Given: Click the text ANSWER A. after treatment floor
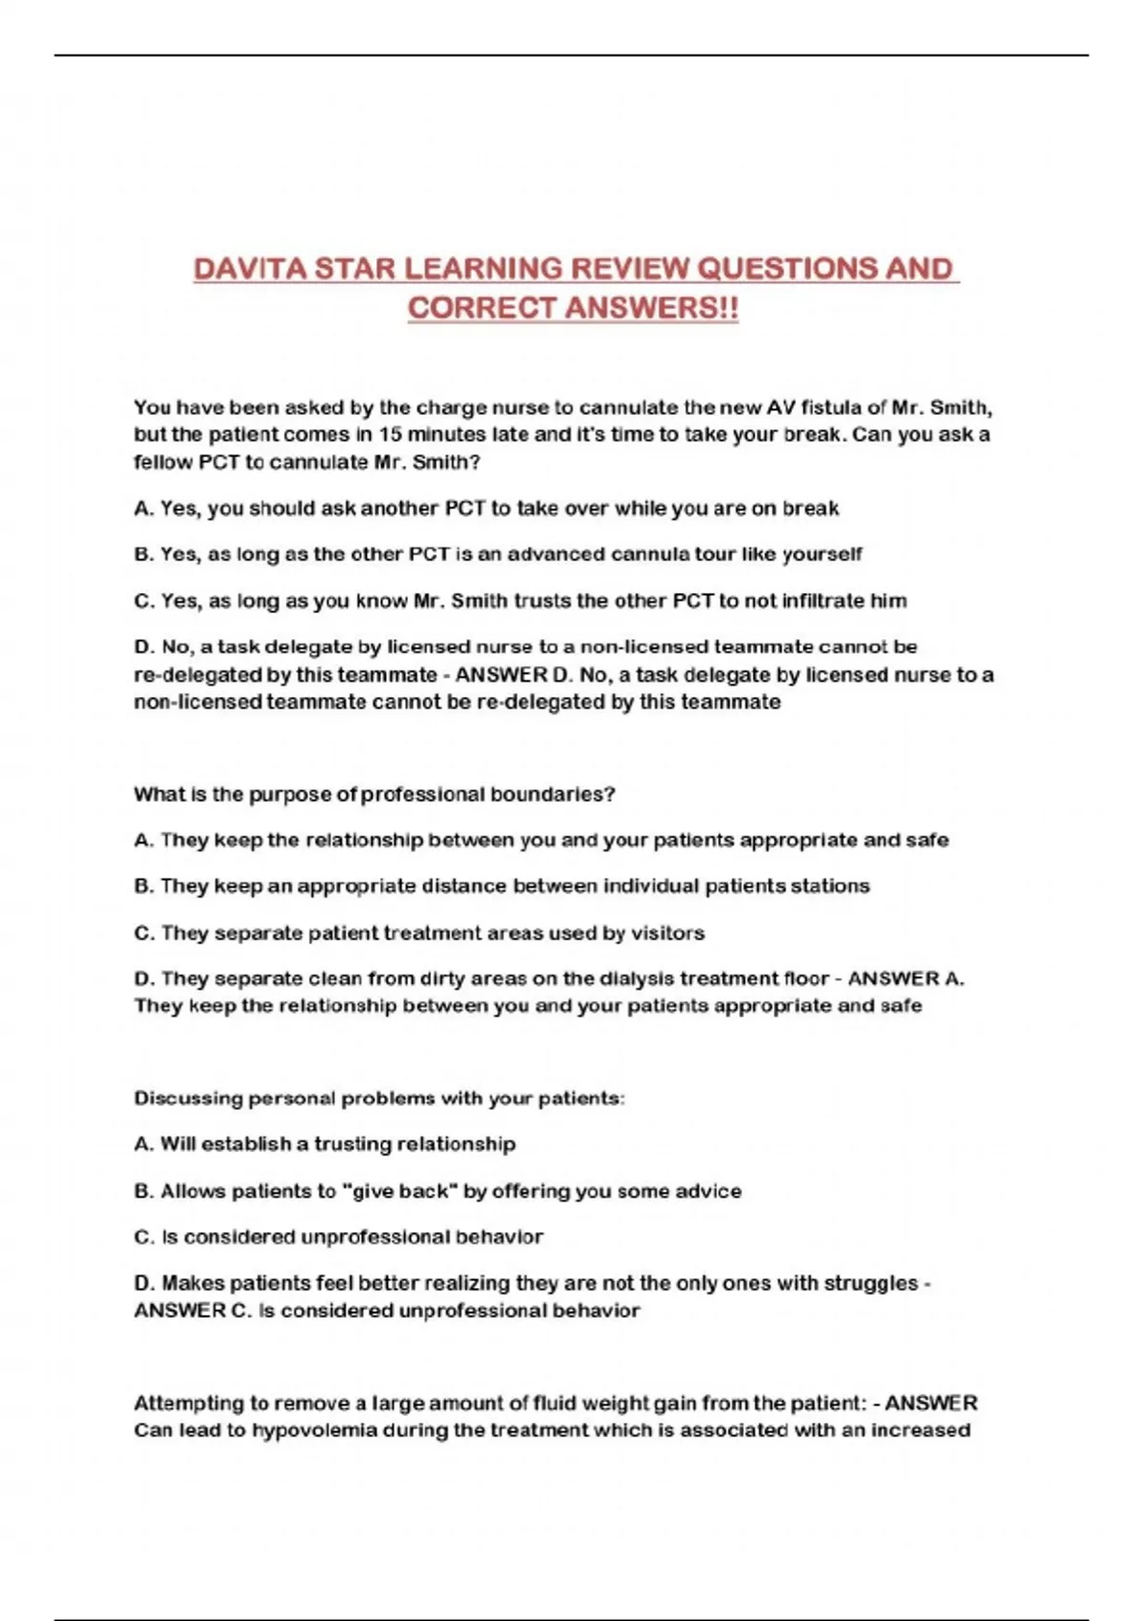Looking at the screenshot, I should [906, 978].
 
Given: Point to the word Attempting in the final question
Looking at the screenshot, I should [189, 1404].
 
